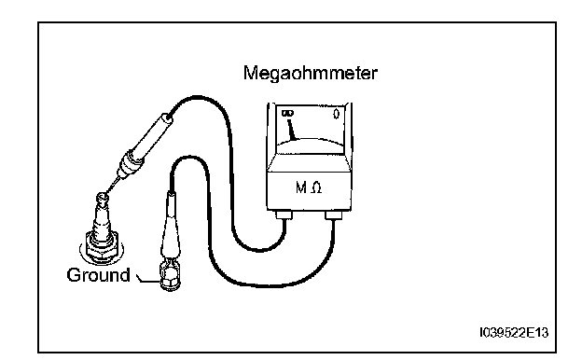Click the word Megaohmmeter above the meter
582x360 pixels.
click(x=311, y=73)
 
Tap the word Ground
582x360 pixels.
click(x=98, y=275)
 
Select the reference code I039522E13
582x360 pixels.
click(x=514, y=333)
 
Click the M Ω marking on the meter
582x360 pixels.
click(x=309, y=187)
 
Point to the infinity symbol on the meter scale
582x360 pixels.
click(x=287, y=113)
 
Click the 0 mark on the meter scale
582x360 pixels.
click(x=337, y=114)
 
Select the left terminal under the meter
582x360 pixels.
click(x=284, y=215)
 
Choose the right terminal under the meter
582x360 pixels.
click(x=334, y=215)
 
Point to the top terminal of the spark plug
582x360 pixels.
click(x=103, y=200)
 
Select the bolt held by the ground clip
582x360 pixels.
click(x=170, y=279)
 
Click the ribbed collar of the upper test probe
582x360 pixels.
click(x=129, y=164)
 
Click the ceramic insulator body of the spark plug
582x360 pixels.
click(x=101, y=219)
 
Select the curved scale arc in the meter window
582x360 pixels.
click(x=311, y=141)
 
